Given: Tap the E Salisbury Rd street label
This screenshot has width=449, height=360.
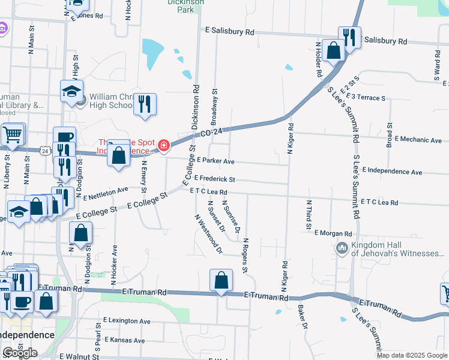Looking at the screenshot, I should (x=229, y=31).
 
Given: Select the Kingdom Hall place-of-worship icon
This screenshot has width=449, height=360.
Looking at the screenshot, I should (x=342, y=248).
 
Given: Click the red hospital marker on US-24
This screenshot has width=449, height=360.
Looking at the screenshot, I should (x=163, y=145).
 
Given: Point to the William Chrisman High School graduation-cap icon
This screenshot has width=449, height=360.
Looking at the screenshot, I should (x=71, y=92).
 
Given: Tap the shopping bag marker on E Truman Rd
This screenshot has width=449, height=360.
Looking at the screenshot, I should (x=221, y=280).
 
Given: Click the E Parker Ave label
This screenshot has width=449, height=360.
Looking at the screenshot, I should (x=215, y=161).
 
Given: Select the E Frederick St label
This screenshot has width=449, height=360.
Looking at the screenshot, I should (x=214, y=179).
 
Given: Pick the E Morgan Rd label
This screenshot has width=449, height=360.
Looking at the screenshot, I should (x=333, y=233).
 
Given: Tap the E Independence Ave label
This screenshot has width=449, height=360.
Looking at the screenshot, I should (x=393, y=172).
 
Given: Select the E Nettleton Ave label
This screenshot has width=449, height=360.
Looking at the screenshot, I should (x=106, y=193).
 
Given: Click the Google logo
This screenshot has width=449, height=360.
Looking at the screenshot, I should (x=20, y=352).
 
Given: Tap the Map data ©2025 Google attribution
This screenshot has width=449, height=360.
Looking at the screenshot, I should (x=412, y=355).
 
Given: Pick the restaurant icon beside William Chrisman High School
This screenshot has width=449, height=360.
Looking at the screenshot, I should (x=144, y=104).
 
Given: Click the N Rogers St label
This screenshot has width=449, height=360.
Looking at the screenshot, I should (x=246, y=255).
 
